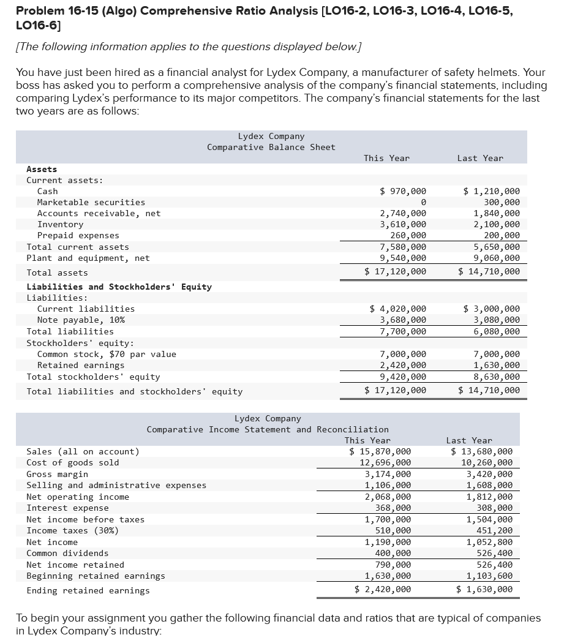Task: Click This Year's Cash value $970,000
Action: tap(403, 191)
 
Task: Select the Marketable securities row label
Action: tap(91, 202)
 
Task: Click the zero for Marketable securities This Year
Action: tap(423, 202)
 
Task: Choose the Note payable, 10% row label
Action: tap(81, 320)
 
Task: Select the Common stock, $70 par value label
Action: tap(107, 354)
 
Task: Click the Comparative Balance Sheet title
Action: tap(271, 147)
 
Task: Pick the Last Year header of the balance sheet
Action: tap(480, 158)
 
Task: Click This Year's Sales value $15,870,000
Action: tap(380, 451)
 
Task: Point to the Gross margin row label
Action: tap(57, 474)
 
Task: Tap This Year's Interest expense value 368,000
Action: tap(393, 508)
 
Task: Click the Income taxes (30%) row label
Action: tap(72, 530)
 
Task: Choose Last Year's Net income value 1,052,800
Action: tap(489, 542)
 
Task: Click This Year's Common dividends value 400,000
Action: tap(393, 553)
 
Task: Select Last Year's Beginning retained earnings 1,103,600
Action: tap(489, 576)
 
